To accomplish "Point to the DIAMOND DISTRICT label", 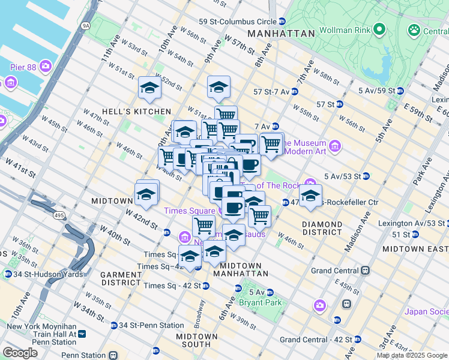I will pyautogui.click(x=322, y=229).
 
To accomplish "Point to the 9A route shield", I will pyautogui.click(x=86, y=25).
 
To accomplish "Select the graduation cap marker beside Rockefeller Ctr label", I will pyautogui.click(x=310, y=196).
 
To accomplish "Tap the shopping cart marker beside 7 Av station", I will pyautogui.click(x=271, y=144).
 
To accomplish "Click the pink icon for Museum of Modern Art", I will pyautogui.click(x=335, y=146).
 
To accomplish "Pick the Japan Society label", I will pyautogui.click(x=426, y=311).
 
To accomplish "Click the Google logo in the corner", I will pyautogui.click(x=20, y=353).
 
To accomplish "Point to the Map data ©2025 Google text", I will pyautogui.click(x=411, y=355).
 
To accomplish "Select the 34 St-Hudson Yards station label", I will pyautogui.click(x=42, y=274).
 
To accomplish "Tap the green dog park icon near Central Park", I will pyautogui.click(x=414, y=29).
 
